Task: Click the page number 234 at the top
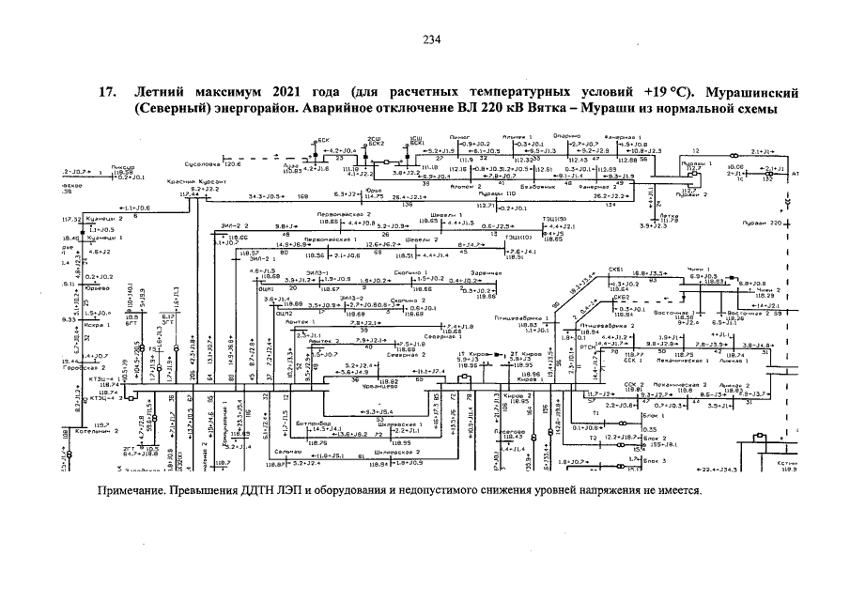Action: [x=431, y=39]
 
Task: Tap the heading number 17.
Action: [x=107, y=93]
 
